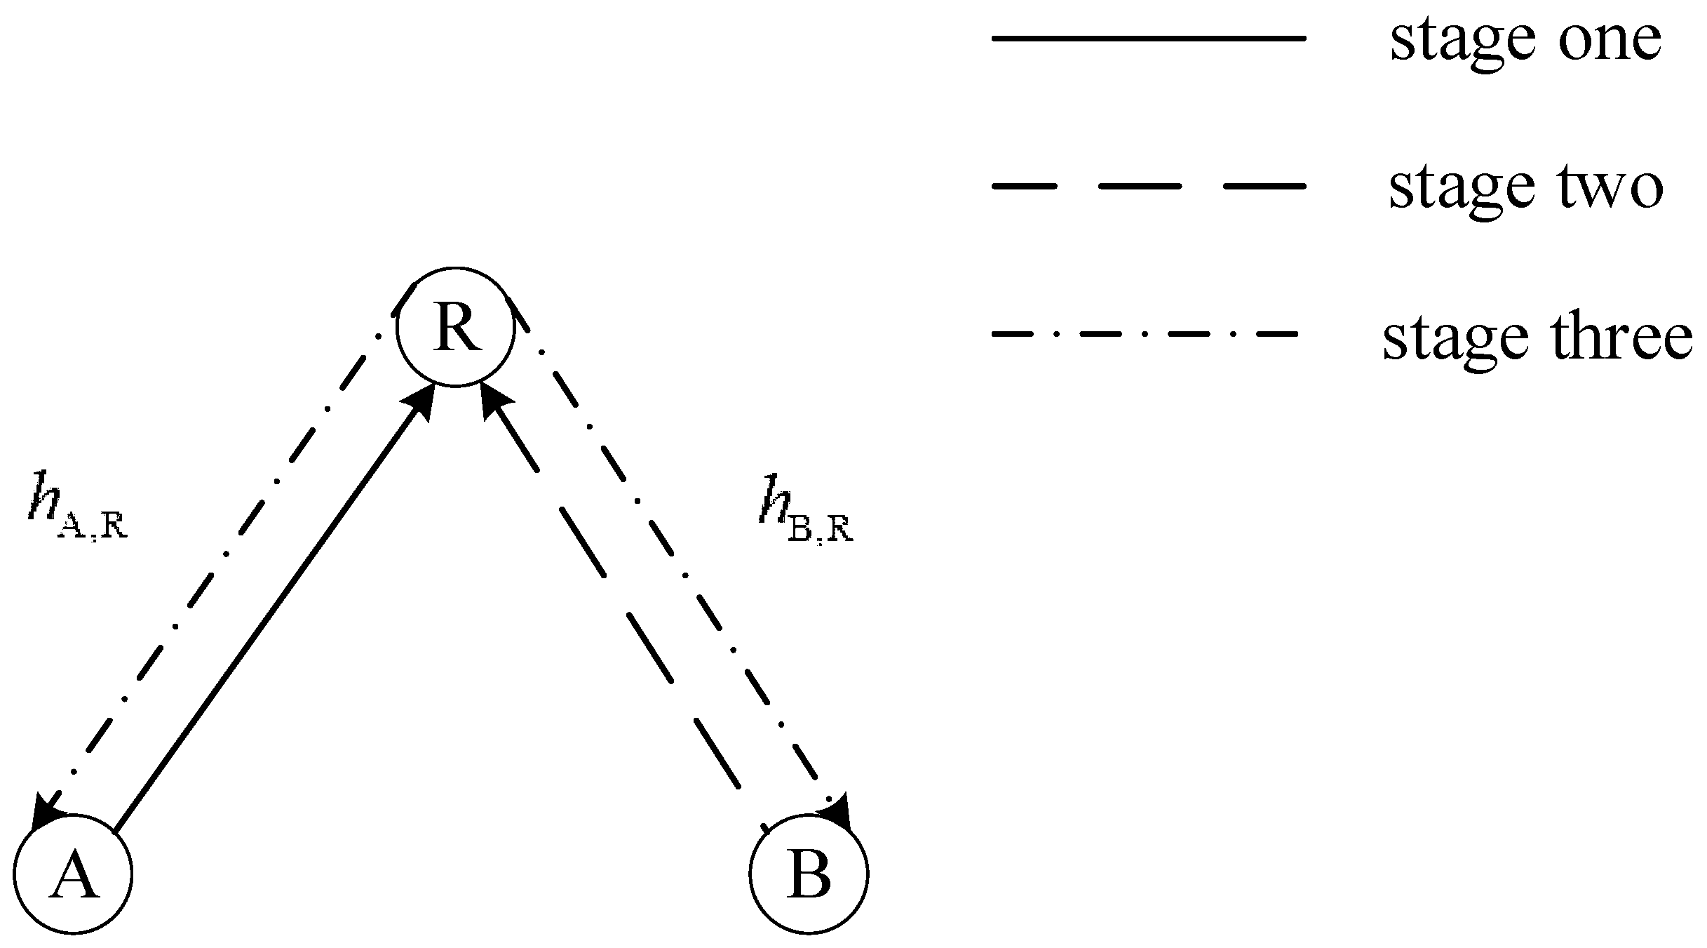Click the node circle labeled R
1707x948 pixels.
click(456, 327)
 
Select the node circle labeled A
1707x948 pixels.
click(73, 874)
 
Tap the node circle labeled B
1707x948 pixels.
click(809, 874)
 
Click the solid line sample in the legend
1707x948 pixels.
click(1148, 38)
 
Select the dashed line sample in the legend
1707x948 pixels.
click(1148, 187)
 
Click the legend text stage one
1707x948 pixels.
click(1525, 39)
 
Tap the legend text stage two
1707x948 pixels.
click(1525, 188)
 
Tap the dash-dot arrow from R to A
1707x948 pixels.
click(210, 575)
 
